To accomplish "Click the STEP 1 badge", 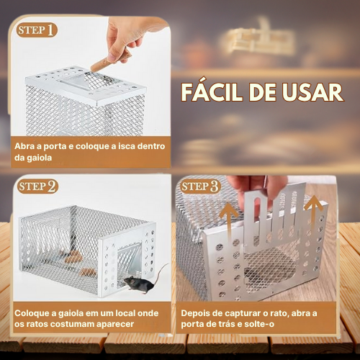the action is (x=37, y=30).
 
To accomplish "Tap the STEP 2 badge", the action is (x=37, y=186).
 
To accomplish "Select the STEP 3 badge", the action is (x=200, y=186).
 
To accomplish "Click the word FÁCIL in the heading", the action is (x=212, y=92).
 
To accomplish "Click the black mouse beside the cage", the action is (x=139, y=284).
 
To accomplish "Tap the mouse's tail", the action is (x=161, y=272).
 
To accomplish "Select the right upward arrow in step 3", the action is (x=314, y=214).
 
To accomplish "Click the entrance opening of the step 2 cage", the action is (x=129, y=261).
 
